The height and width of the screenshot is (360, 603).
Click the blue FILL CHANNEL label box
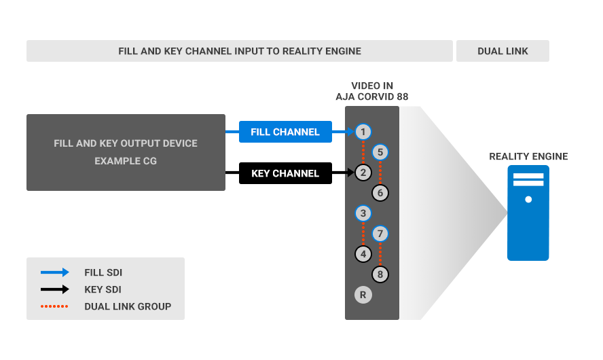[x=285, y=132]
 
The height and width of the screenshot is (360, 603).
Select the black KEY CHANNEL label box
[x=285, y=173]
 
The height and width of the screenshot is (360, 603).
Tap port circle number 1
[x=363, y=132]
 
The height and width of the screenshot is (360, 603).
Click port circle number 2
[x=363, y=173]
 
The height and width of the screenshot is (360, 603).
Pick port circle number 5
[x=380, y=152]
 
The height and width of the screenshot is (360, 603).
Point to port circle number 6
[x=380, y=193]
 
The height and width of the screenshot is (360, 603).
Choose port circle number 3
[x=363, y=213]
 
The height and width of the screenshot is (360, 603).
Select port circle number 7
[x=380, y=234]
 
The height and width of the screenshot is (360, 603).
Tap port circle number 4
[x=363, y=254]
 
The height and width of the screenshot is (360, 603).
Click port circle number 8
[x=380, y=274]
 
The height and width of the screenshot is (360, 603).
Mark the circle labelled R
[x=363, y=295]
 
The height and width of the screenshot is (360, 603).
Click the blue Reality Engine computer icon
[x=528, y=213]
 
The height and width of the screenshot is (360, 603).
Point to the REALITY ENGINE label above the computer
[x=528, y=157]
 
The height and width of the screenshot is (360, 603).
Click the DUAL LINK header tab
[x=502, y=51]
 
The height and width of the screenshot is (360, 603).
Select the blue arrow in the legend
[x=55, y=272]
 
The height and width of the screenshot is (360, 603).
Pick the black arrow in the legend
[x=55, y=289]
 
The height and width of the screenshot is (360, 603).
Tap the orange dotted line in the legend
[x=54, y=306]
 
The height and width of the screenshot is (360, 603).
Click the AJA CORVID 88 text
[x=372, y=96]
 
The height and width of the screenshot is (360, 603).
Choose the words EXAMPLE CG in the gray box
[x=126, y=161]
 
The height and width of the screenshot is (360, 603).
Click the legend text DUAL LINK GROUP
[x=128, y=306]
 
